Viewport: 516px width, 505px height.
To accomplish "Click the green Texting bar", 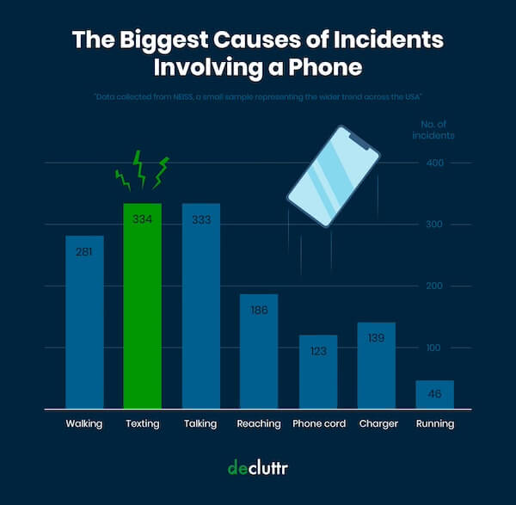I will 142,305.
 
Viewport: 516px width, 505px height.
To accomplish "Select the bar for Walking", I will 84,323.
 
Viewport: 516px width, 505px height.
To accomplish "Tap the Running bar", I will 434,394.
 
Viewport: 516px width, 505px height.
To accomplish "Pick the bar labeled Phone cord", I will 318,372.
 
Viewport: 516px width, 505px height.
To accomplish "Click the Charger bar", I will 376,366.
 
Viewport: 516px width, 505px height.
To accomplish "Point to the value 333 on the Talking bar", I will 201,219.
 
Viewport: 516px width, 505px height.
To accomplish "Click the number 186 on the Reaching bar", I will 259,307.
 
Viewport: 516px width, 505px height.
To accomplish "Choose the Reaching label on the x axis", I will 259,423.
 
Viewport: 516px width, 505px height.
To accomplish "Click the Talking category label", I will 201,423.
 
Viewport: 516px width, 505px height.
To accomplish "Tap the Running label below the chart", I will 434,423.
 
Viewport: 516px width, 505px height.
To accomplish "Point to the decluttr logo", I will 258,467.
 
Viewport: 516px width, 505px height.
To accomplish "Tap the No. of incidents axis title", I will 432,130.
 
